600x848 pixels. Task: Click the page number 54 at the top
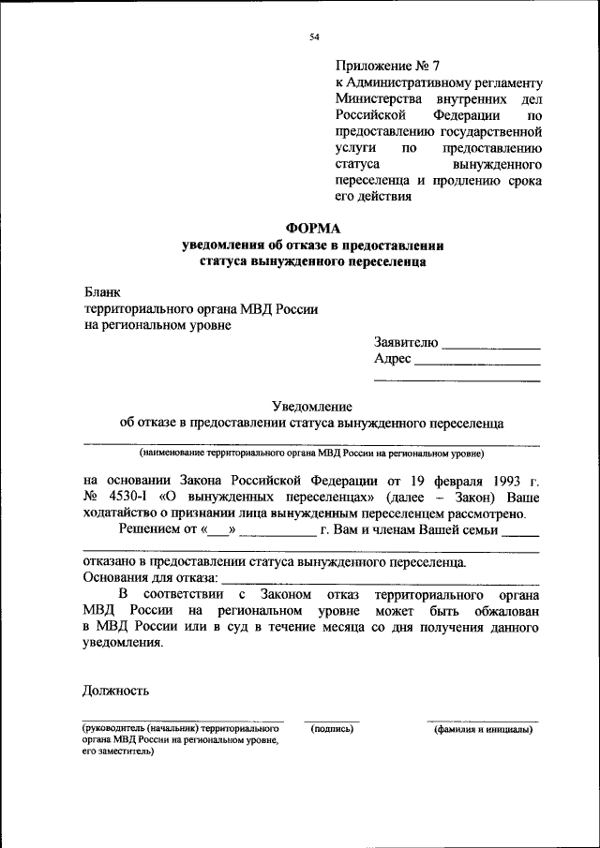click(x=314, y=37)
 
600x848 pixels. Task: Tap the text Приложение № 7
click(x=387, y=67)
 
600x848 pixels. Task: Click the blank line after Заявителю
click(x=490, y=348)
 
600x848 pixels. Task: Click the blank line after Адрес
click(x=477, y=364)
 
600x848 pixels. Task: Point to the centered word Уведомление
click(x=311, y=407)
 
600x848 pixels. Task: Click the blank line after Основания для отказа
click(x=380, y=582)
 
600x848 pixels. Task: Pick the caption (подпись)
click(x=331, y=728)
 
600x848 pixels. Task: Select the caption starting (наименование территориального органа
click(x=311, y=454)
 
